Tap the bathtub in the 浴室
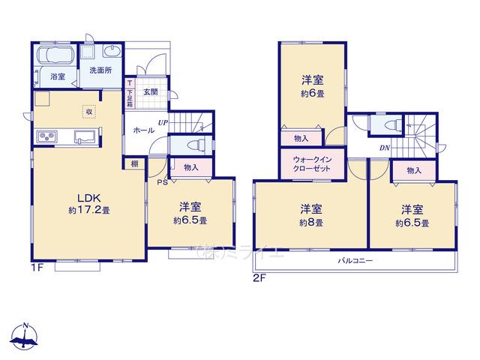coord(55,55)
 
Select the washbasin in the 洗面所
coord(112,51)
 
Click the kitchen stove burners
coord(46,136)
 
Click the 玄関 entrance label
coord(151,91)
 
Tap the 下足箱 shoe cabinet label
coord(130,98)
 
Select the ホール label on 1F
coord(144,130)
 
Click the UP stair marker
coord(163,122)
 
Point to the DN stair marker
coord(385,148)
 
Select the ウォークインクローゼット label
coord(312,164)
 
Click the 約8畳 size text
coord(311,223)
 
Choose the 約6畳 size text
coord(313,93)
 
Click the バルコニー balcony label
coord(355,261)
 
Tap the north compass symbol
coord(25,336)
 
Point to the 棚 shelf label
coord(135,163)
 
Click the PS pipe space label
coord(162,183)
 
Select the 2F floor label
coord(260,278)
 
